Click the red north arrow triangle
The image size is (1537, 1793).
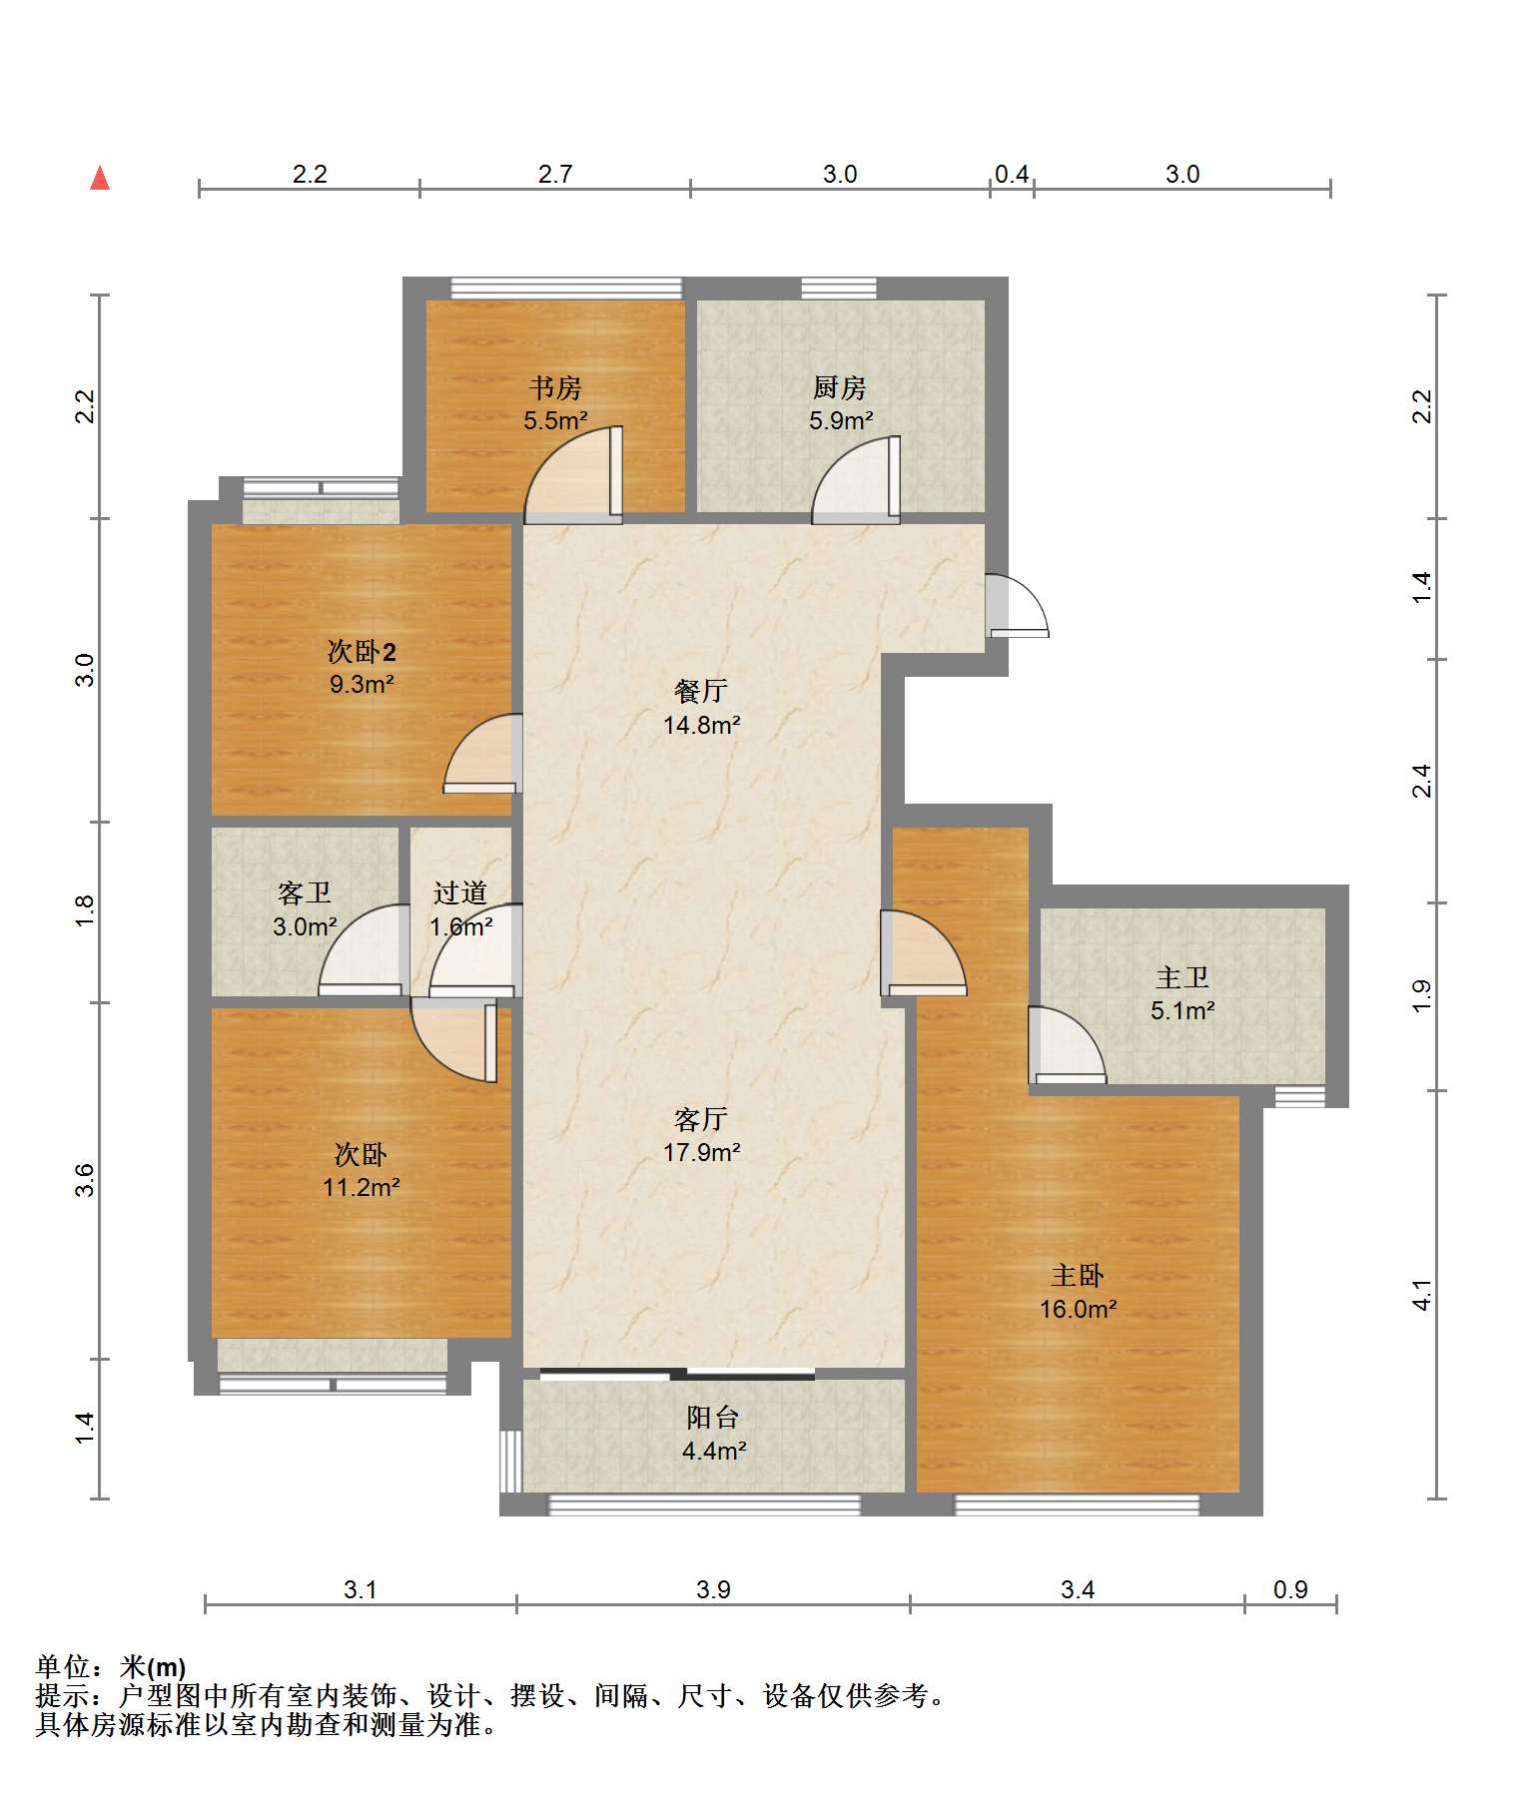(100, 179)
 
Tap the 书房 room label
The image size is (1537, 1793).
(555, 387)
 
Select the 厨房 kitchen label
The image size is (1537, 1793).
(839, 387)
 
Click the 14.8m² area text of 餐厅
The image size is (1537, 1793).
(702, 725)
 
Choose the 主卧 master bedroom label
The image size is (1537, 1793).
(1078, 1276)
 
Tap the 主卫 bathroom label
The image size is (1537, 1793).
(1182, 977)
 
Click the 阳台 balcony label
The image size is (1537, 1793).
(713, 1418)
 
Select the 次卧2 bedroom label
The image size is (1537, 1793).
(362, 652)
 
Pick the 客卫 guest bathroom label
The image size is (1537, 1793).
(305, 893)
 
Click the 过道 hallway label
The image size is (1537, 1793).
(460, 893)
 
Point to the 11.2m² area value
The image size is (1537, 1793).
(361, 1187)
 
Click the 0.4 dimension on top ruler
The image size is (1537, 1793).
(1012, 174)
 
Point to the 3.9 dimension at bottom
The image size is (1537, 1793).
(713, 1589)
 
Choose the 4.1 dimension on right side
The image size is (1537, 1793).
(1422, 1295)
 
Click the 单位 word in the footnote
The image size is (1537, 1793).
(63, 1666)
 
